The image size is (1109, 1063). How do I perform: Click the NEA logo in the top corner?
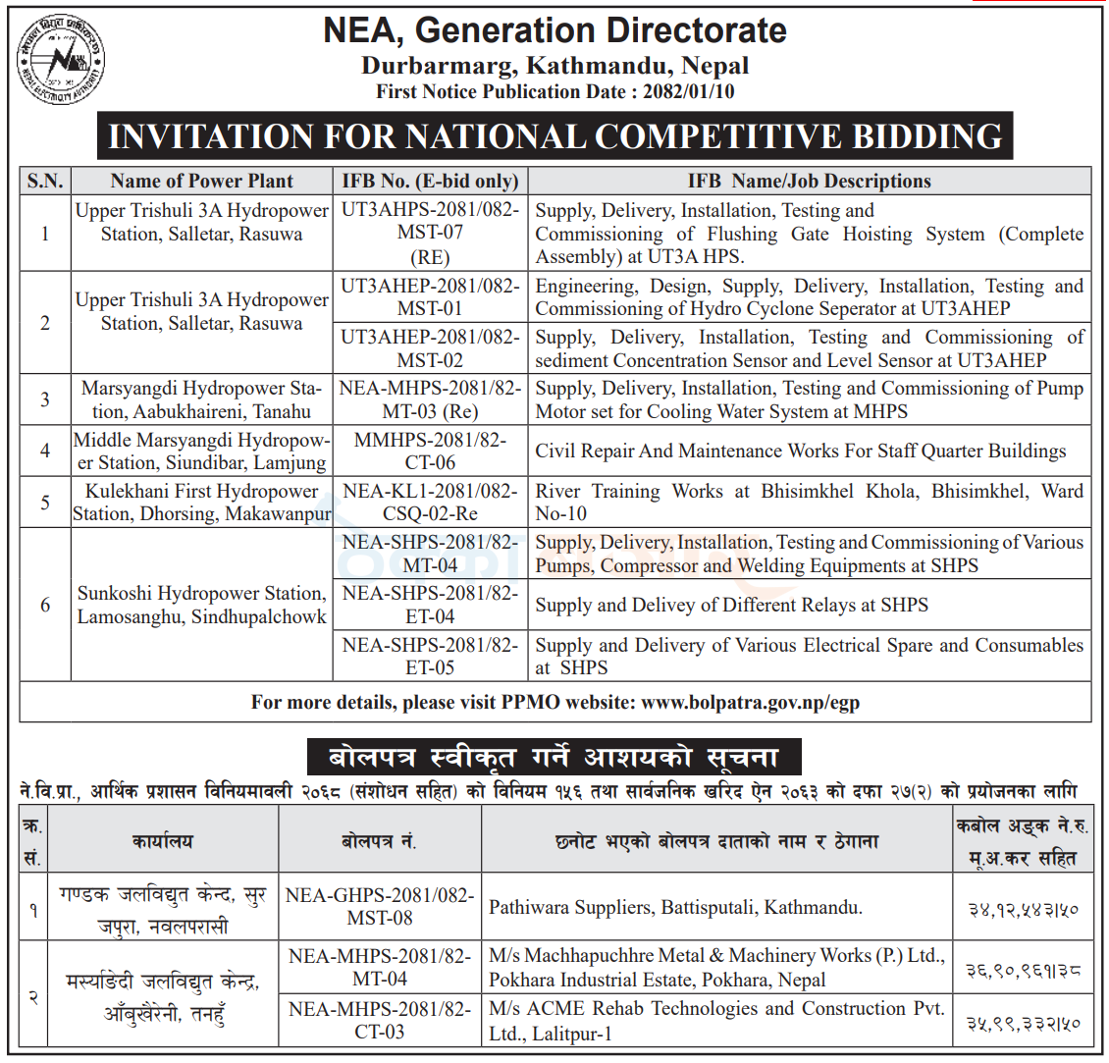[62, 62]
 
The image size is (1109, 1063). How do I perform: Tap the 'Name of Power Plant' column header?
[201, 181]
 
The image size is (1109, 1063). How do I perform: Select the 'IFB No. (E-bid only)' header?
[430, 181]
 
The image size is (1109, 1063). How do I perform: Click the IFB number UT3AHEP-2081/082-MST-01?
[430, 297]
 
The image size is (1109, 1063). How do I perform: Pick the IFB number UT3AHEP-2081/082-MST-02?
[430, 348]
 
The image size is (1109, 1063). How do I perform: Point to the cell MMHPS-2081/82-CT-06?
[430, 452]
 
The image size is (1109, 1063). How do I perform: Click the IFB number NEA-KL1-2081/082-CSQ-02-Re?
[430, 503]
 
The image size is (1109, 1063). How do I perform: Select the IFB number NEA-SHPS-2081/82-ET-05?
[430, 657]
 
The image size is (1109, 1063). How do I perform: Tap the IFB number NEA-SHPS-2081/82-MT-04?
[430, 554]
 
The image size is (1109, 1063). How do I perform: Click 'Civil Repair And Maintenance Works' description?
[800, 452]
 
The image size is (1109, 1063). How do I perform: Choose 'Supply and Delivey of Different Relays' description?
[731, 606]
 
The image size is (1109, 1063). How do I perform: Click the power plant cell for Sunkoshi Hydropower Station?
[201, 606]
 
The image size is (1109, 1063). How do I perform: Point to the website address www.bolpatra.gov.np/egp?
[751, 703]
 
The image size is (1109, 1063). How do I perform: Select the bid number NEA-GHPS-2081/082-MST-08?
[380, 907]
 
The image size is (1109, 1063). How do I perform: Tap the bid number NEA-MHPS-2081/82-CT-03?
[380, 1020]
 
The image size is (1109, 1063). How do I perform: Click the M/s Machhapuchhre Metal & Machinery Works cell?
[716, 968]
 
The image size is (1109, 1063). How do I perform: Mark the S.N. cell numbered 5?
[45, 503]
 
